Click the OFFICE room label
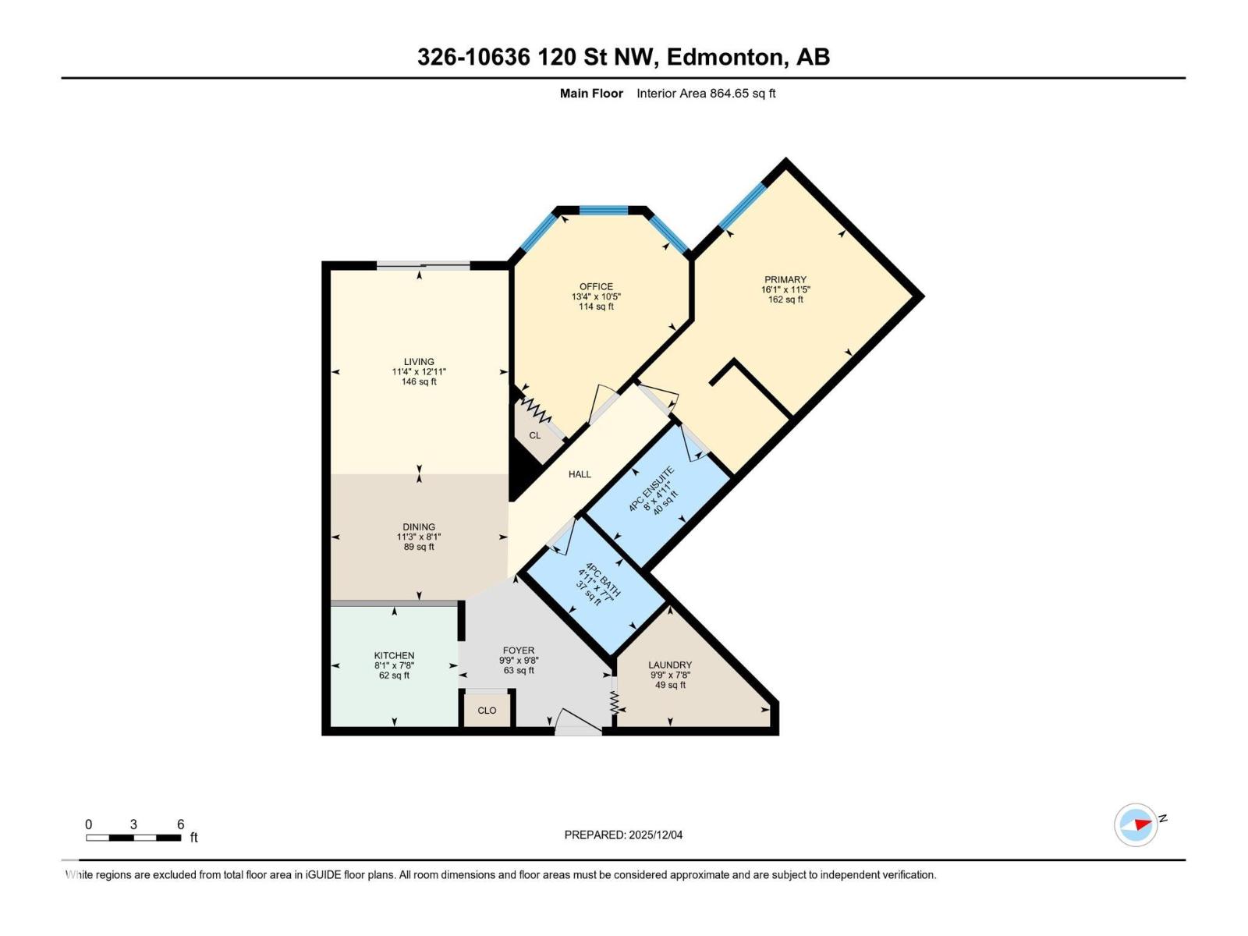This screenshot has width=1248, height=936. click(x=596, y=286)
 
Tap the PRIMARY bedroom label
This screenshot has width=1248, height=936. click(x=785, y=279)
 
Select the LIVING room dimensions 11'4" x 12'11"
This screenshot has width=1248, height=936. click(x=419, y=372)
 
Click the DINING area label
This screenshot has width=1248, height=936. click(x=419, y=527)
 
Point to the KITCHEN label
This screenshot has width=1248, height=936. click(x=394, y=655)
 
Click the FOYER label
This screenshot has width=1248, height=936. click(x=519, y=650)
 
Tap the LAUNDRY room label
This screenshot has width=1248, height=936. click(x=670, y=665)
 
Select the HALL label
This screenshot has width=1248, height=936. click(x=580, y=474)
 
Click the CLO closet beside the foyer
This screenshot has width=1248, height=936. click(x=487, y=711)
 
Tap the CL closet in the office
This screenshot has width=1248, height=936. click(x=535, y=435)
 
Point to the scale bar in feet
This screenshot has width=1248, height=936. click(x=133, y=838)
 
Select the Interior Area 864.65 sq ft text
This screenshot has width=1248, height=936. click(x=706, y=94)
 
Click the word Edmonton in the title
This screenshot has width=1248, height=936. click(x=725, y=57)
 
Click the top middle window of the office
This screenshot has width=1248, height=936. click(x=604, y=210)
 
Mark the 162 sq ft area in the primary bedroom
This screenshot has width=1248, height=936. click(x=785, y=300)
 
